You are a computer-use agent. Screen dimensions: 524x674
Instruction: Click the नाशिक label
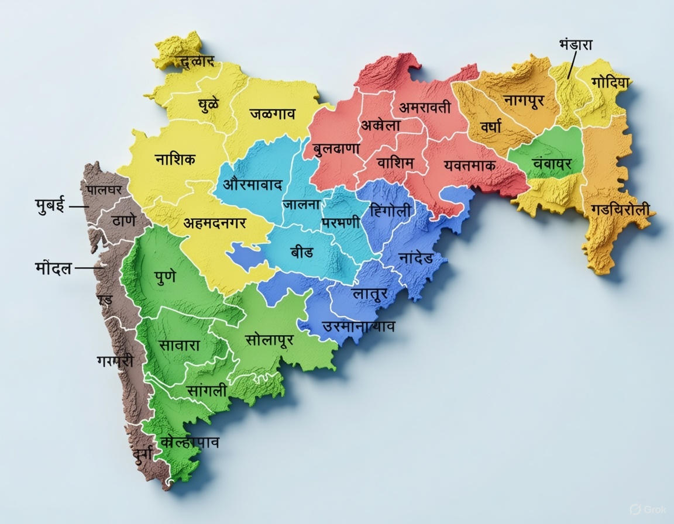click(175, 159)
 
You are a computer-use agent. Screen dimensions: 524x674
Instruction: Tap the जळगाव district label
click(272, 113)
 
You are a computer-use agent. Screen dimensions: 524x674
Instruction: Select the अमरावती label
click(425, 108)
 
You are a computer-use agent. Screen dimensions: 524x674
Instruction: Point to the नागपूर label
click(524, 100)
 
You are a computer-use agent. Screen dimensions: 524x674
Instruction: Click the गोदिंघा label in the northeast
click(610, 82)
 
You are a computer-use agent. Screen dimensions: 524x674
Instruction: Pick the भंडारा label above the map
click(576, 45)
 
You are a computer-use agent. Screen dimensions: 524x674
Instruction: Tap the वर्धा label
click(491, 125)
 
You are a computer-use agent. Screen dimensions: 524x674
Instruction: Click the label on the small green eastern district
click(552, 163)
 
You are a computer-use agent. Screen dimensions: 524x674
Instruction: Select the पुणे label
click(166, 277)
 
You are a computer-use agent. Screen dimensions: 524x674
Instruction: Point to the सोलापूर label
click(269, 339)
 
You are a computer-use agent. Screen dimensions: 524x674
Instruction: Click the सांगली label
click(207, 390)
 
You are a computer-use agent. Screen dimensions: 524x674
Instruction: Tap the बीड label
click(301, 252)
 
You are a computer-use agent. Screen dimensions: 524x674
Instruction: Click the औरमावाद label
click(253, 185)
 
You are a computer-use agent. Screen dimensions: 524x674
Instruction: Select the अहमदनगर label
click(215, 223)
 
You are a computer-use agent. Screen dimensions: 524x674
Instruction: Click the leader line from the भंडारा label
click(571, 64)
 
